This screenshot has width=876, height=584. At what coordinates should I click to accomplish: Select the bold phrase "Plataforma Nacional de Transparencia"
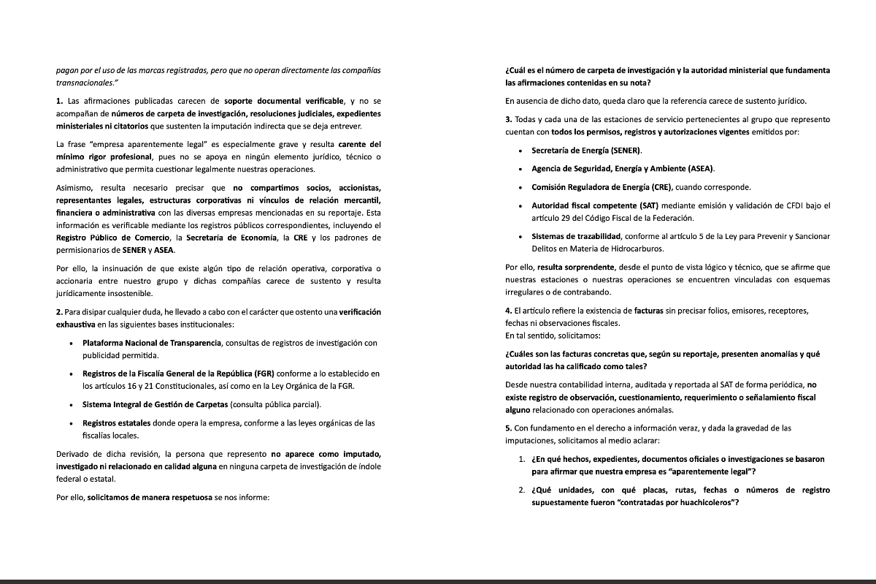point(151,343)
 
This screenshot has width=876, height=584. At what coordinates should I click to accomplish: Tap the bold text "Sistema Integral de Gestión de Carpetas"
point(155,404)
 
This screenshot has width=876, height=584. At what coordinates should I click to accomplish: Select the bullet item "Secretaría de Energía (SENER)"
point(586,150)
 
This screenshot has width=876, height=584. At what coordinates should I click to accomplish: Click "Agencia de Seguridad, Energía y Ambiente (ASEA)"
point(623,168)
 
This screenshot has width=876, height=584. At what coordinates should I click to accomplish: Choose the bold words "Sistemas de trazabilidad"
point(575,236)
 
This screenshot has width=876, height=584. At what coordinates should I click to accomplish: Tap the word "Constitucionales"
point(159,386)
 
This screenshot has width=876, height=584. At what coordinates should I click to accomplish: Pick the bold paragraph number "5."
point(509,428)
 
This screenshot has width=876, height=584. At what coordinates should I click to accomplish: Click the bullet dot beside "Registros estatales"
point(71,423)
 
